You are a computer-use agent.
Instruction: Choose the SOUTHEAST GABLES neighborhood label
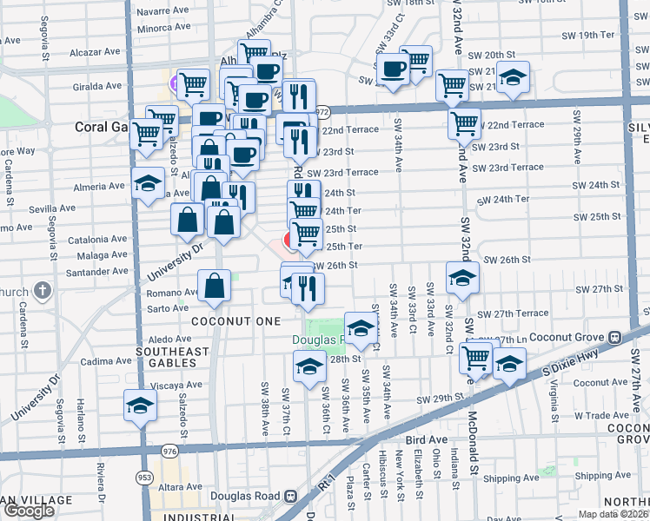click(172, 358)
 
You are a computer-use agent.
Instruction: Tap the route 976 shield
click(166, 452)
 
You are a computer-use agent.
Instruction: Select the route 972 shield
click(322, 112)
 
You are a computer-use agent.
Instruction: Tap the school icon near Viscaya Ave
click(139, 406)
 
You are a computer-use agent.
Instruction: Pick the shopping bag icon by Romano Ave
click(214, 285)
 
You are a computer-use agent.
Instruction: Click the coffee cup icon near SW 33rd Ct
click(393, 68)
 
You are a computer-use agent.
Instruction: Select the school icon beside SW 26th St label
click(462, 277)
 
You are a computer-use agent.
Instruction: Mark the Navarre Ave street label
click(162, 12)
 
